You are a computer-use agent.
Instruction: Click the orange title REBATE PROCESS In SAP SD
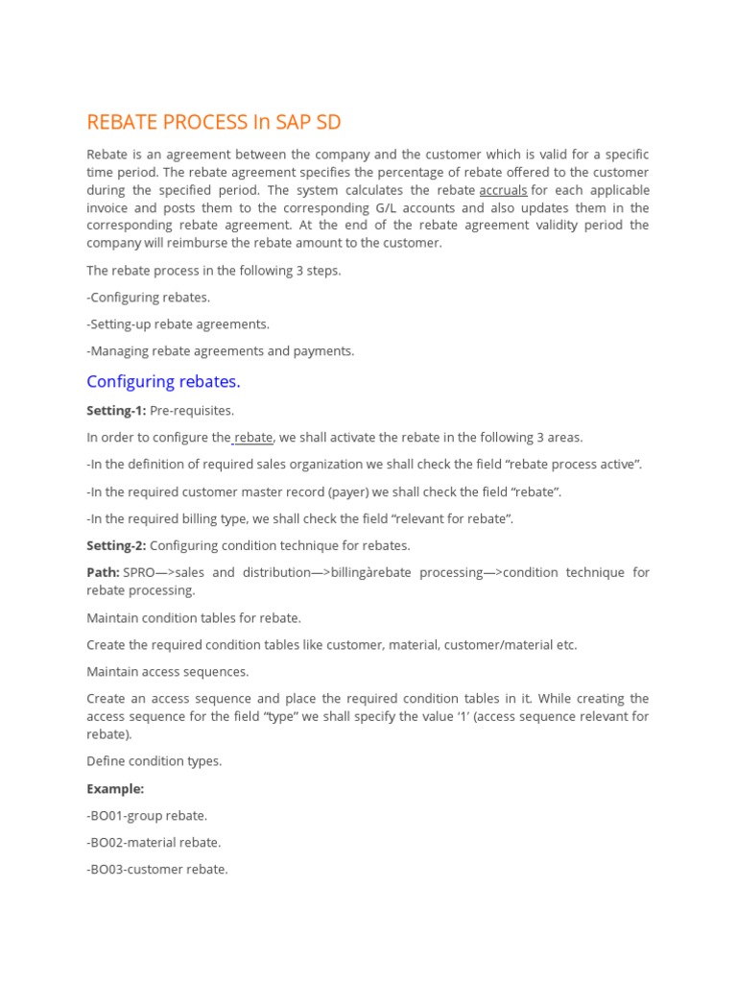pos(213,123)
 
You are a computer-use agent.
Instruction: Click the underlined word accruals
pos(503,190)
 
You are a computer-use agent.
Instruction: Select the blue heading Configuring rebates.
pos(163,381)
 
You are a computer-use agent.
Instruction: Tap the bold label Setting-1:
pos(116,411)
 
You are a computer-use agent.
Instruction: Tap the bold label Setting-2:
pos(116,545)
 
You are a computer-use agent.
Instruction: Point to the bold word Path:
pos(103,572)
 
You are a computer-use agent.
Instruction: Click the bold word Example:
pos(115,788)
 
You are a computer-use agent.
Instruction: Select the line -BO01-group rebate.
pos(147,815)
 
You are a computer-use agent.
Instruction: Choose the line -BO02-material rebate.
pos(154,842)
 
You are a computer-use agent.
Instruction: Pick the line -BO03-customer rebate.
pos(157,869)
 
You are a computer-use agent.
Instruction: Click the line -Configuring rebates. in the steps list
pos(148,298)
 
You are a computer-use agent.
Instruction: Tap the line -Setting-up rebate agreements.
pos(178,324)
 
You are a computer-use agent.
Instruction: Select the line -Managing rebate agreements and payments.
pos(220,351)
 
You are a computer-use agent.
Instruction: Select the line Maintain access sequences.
pos(167,672)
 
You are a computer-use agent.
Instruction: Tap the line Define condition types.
pos(154,761)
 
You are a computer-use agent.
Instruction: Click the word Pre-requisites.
pos(192,411)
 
